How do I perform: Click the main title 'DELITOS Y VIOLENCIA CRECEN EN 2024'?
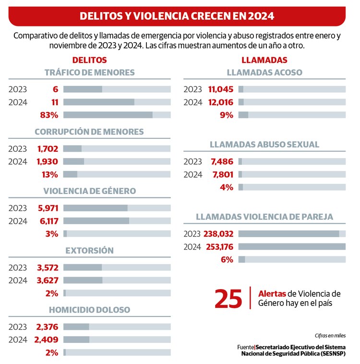177,16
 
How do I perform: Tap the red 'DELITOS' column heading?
89,60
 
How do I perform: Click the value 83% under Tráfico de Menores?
49,115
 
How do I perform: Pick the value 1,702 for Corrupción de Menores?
48,148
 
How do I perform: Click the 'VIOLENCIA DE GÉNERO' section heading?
90,191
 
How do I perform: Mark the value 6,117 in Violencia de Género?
48,221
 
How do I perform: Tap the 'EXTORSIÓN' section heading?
90,250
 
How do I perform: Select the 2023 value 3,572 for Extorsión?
48,267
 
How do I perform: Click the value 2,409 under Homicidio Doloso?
47,340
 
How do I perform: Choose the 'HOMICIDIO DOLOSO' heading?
90,310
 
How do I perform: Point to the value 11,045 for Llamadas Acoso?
221,89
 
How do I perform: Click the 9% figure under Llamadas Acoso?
227,115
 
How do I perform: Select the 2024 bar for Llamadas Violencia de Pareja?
292,246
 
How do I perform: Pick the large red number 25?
228,299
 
